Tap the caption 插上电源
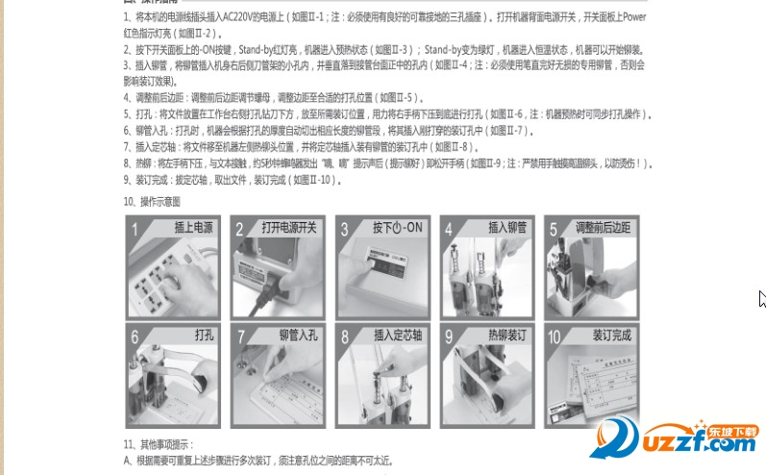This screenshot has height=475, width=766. (x=194, y=229)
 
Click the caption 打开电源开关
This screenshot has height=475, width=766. (x=288, y=229)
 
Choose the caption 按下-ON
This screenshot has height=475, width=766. (x=397, y=229)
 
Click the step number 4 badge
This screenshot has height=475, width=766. (x=449, y=230)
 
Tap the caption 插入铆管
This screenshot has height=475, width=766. (x=507, y=229)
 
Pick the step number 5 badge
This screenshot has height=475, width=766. (x=553, y=230)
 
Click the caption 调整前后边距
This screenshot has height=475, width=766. (x=603, y=229)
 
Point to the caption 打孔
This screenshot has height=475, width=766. (x=204, y=336)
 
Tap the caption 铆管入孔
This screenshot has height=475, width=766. (x=297, y=336)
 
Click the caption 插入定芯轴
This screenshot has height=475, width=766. (x=397, y=336)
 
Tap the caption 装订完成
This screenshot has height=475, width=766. (x=610, y=336)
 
